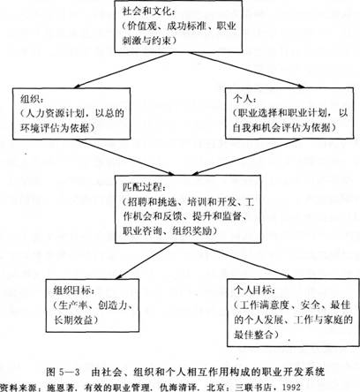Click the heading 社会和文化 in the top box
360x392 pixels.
point(146,11)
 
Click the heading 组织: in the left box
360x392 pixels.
point(32,99)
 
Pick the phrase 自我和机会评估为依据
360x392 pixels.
point(281,127)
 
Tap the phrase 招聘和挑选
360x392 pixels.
point(153,202)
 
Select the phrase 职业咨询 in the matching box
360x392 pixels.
point(142,230)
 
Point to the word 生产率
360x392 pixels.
point(73,305)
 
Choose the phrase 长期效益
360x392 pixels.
point(73,320)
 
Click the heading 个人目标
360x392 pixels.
point(253,290)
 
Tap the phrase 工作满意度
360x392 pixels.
point(264,305)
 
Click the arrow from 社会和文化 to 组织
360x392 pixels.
point(124,71)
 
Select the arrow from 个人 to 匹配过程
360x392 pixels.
point(246,157)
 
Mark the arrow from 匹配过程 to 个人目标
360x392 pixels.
point(244,260)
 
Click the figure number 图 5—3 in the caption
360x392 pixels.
point(63,372)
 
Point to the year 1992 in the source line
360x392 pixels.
point(291,387)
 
